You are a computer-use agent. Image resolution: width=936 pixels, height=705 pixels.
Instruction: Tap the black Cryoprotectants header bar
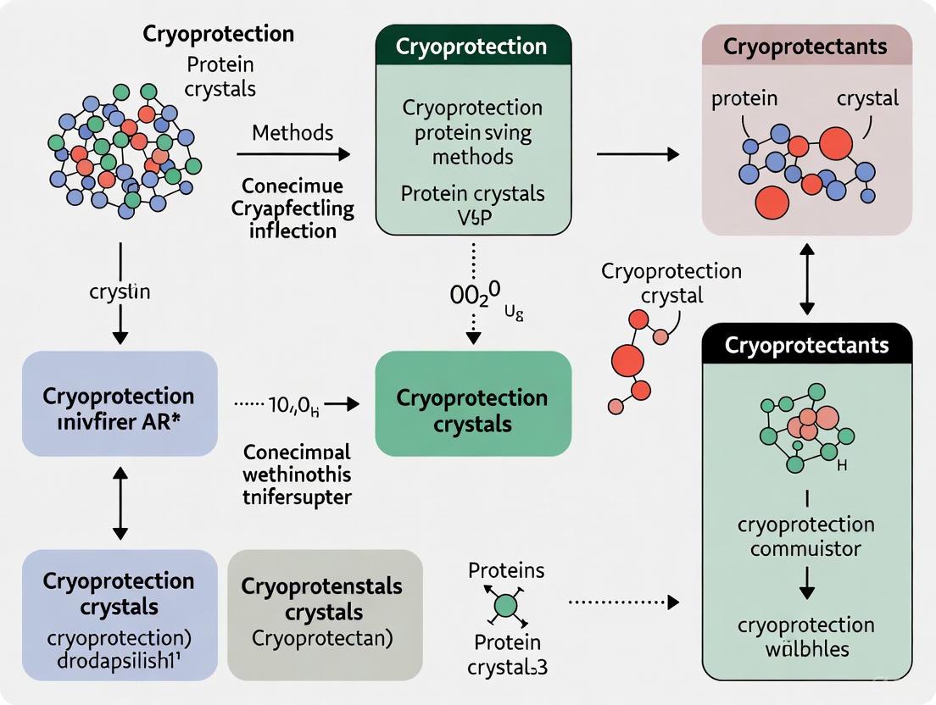point(805,345)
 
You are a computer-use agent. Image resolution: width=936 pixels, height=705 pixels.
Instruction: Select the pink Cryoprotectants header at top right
point(805,46)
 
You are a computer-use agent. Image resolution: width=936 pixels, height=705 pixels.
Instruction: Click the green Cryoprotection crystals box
point(473,410)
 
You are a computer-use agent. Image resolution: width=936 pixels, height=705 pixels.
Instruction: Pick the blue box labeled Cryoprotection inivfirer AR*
point(120,410)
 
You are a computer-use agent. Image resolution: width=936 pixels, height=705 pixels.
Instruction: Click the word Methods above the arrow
point(292,133)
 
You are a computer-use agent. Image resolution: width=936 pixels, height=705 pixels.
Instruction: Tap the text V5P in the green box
point(473,216)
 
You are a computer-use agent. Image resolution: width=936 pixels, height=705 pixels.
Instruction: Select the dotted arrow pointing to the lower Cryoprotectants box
point(623,602)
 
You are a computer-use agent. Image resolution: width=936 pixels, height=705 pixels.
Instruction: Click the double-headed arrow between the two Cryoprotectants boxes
point(806,279)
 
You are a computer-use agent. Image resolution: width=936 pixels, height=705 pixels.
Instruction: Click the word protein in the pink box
point(744,98)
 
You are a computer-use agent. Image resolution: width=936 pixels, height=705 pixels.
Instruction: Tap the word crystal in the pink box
point(867,98)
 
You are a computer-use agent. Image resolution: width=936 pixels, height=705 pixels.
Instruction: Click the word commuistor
point(805,548)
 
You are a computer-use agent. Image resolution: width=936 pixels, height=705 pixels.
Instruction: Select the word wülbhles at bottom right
point(805,650)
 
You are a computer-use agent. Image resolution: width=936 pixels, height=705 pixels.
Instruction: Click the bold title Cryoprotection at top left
point(219,34)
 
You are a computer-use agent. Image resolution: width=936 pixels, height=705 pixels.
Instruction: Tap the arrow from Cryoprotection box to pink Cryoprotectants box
point(638,153)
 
